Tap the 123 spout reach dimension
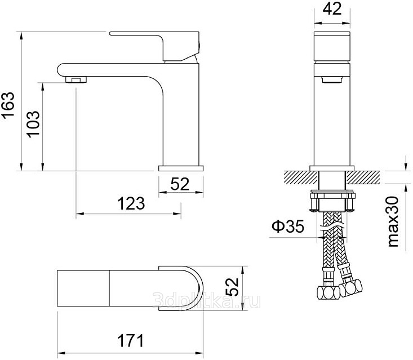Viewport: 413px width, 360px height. click(131, 203)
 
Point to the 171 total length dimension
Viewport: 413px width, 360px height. click(131, 340)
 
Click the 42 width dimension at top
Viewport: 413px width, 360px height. click(332, 9)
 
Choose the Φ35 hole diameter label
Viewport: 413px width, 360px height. click(288, 226)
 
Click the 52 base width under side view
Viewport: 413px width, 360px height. click(180, 184)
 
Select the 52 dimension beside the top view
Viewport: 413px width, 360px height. click(232, 287)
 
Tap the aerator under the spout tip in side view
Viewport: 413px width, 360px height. click(76, 79)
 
